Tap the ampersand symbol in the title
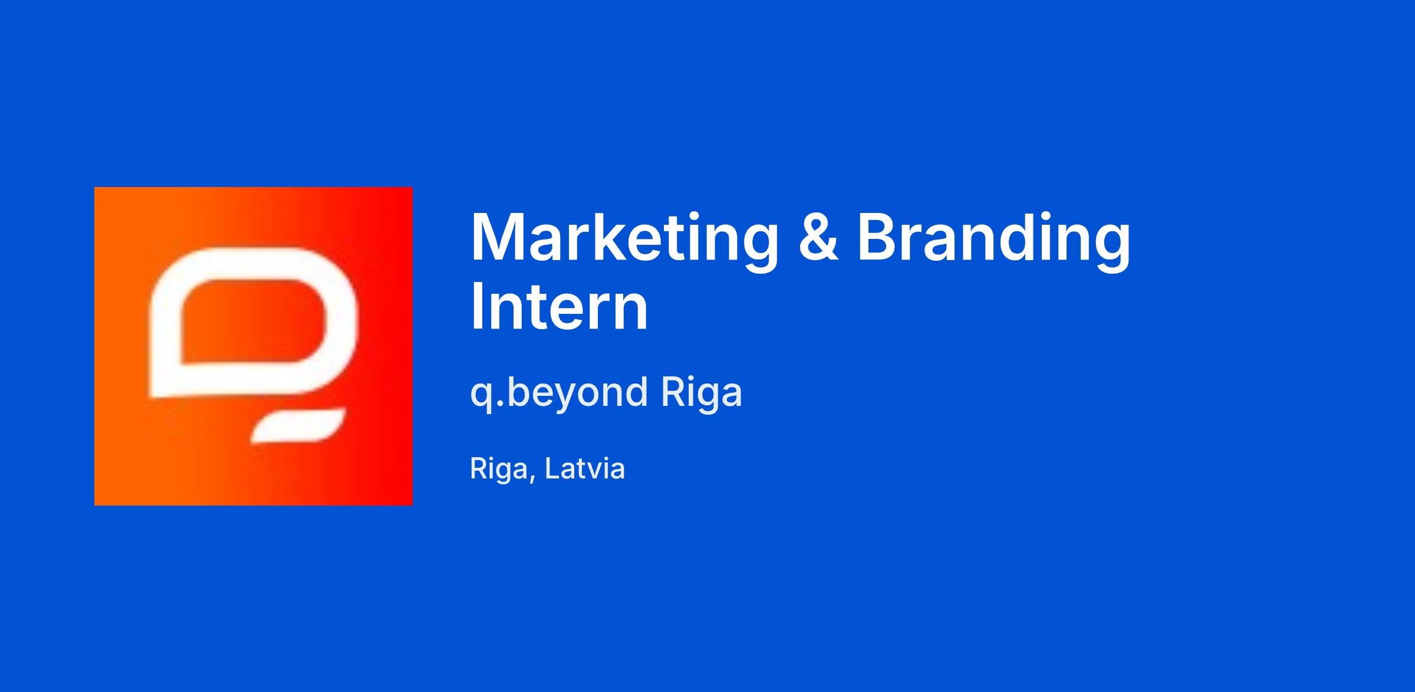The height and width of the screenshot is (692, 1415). click(x=818, y=237)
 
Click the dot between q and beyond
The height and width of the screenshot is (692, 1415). click(x=500, y=403)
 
